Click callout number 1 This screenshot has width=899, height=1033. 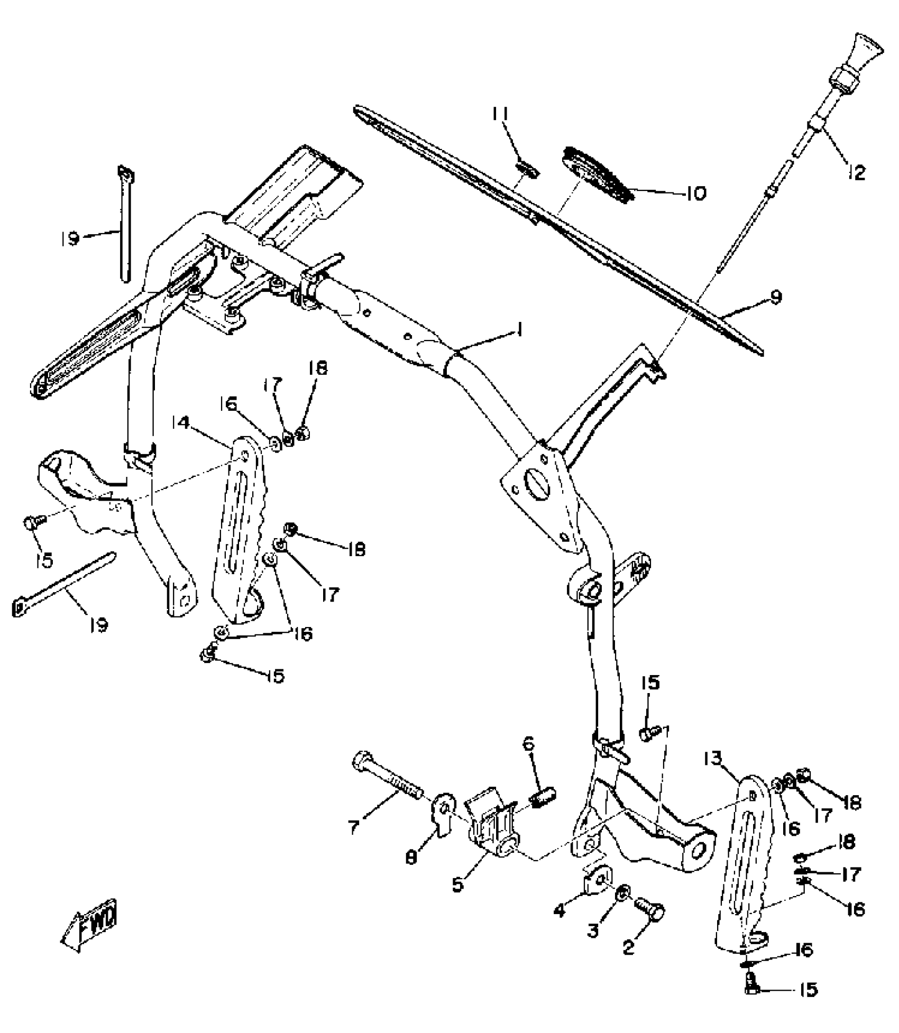pyautogui.click(x=520, y=331)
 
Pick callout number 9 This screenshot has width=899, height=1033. pyautogui.click(x=775, y=297)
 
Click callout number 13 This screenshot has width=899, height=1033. pyautogui.click(x=712, y=759)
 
